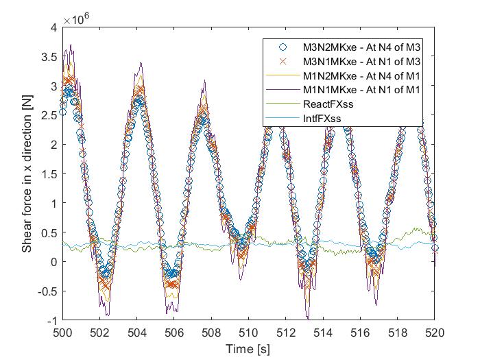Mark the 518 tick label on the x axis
tap(398, 333)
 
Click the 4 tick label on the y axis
tap(53, 27)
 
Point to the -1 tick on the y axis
tap(51, 321)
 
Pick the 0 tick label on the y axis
tap(53, 262)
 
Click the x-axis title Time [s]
tap(248, 348)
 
